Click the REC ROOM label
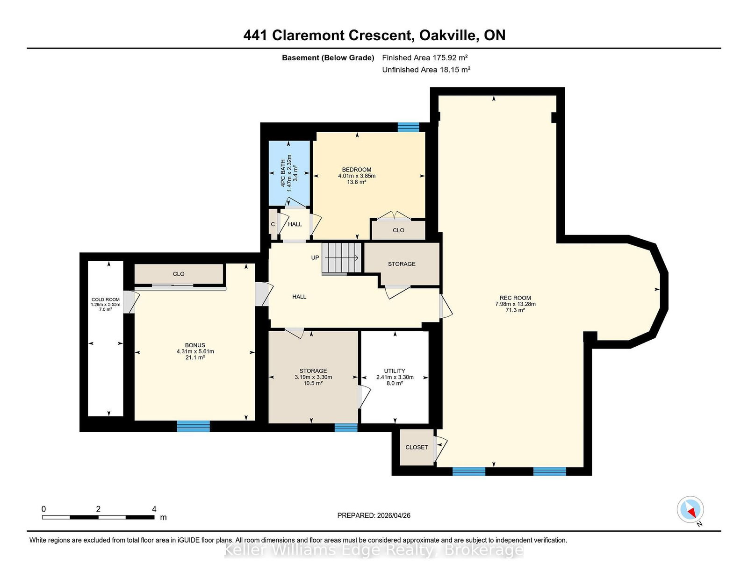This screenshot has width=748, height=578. tap(515, 298)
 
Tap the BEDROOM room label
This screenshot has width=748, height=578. tap(357, 170)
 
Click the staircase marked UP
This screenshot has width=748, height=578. tap(341, 259)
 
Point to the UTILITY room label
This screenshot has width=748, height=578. tap(395, 371)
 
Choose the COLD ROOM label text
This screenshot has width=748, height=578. tap(106, 300)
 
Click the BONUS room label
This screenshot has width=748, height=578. tap(195, 345)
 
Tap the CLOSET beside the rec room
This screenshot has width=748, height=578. tap(417, 447)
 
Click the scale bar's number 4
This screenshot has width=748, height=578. tap(154, 509)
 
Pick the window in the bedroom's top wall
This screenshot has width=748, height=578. tap(408, 127)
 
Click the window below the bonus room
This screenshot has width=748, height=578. tap(194, 426)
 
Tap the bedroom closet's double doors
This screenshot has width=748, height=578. tap(394, 216)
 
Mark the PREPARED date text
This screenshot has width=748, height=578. tap(374, 515)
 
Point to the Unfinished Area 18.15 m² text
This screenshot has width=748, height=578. tap(426, 70)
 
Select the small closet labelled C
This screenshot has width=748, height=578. tap(273, 224)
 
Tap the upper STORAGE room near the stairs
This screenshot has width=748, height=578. tap(402, 264)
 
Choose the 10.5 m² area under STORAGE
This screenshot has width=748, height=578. tap(313, 383)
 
